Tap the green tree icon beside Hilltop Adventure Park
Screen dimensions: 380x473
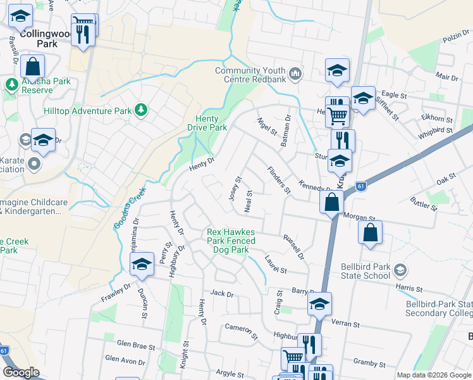pos(141,111)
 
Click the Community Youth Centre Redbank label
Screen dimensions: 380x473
pos(251,75)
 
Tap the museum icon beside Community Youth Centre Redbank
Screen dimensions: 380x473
pos(295,75)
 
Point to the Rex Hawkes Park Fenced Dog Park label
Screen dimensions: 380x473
pos(231,241)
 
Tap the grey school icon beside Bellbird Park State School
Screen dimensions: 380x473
pos(399,270)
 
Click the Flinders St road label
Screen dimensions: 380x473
pos(278,180)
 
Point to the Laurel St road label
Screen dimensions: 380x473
pos(276,265)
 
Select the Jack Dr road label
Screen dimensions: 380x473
pos(222,294)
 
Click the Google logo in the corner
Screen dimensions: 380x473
pos(21,372)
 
